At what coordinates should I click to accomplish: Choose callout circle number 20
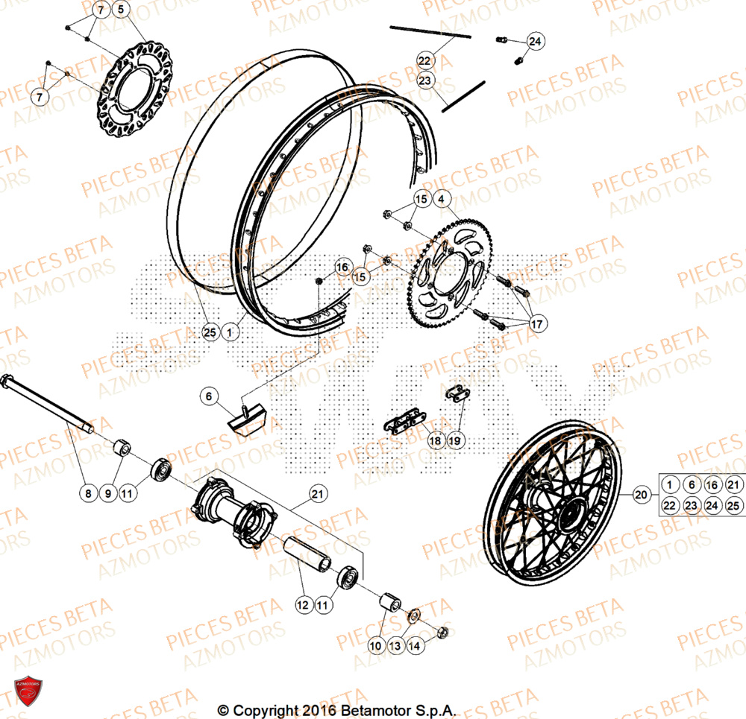coord(641,494)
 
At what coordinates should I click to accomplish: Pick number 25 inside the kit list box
coord(734,506)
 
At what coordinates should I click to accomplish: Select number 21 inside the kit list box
coord(734,485)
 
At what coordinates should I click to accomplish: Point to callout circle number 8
coord(88,492)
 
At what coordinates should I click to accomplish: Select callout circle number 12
coord(304,606)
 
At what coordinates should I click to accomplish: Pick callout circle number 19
coord(455,440)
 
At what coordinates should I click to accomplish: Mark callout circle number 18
coord(436,440)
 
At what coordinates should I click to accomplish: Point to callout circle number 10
coord(374,644)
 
